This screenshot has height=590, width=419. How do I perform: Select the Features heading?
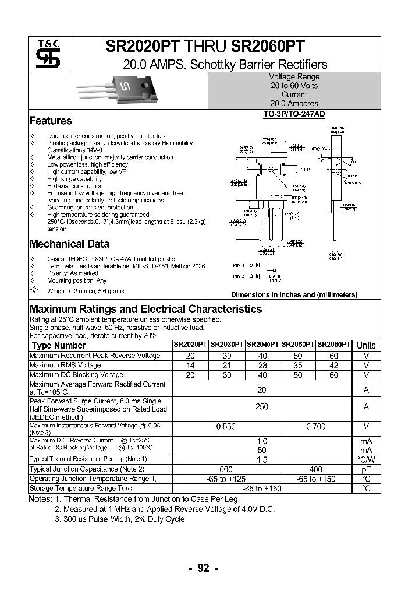[x=51, y=121]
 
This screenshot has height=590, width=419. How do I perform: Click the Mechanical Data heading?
[x=69, y=244]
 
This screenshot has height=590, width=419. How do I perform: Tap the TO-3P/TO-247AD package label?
[x=294, y=114]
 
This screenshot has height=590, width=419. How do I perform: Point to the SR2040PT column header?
[x=262, y=345]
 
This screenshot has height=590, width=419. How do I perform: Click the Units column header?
[x=366, y=345]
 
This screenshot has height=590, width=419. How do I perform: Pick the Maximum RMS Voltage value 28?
[x=262, y=366]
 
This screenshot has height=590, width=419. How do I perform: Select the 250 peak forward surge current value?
[x=262, y=406]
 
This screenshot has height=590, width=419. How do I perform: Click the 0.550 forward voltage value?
[x=226, y=427]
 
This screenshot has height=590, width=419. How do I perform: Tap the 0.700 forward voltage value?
[x=315, y=427]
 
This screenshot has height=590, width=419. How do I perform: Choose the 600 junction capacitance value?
[x=226, y=469]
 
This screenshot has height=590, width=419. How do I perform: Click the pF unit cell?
[x=366, y=469]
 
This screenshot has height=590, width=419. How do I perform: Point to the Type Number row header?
[x=58, y=345]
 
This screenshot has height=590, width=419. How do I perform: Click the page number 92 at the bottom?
[x=203, y=569]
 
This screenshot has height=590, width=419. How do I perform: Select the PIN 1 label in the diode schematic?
[x=239, y=265]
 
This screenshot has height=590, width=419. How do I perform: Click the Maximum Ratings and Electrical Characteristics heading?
[x=145, y=309]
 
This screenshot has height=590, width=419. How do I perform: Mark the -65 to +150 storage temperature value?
[x=261, y=489]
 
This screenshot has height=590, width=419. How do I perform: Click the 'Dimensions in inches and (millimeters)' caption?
[x=294, y=295]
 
